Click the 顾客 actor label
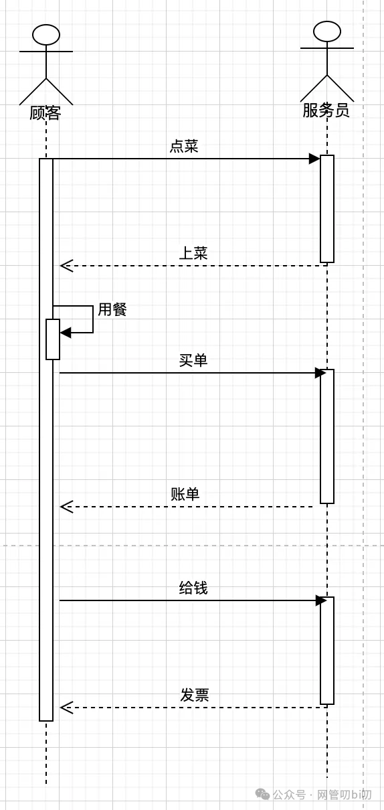[x=45, y=113]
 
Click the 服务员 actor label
[x=326, y=110]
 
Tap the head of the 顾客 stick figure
[x=46, y=35]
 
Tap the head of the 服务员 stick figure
[x=327, y=31]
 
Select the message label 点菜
[x=184, y=146]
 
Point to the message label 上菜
[x=193, y=253]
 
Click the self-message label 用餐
[x=112, y=309]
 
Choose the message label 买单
[x=193, y=360]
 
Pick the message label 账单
[x=185, y=494]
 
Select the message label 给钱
[x=193, y=588]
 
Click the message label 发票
[x=195, y=695]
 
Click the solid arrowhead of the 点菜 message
[x=314, y=159]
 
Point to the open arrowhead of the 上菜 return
[x=66, y=266]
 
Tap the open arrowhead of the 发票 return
[x=66, y=708]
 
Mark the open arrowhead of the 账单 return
[x=66, y=507]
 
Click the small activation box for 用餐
[x=53, y=339]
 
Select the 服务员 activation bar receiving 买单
[x=327, y=436]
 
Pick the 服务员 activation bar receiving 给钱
[x=327, y=651]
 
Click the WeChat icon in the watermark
[x=262, y=794]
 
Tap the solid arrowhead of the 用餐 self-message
[x=66, y=333]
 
